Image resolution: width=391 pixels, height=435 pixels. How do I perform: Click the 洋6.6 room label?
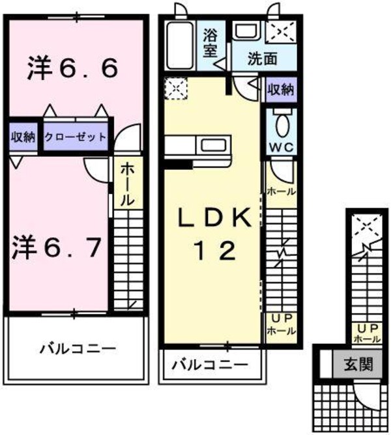[x=72, y=68]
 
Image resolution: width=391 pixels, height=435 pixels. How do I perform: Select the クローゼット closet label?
[x=76, y=137]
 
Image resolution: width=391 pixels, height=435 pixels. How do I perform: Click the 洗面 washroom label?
[x=262, y=58]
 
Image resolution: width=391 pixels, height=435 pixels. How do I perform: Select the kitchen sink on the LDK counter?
[x=212, y=144]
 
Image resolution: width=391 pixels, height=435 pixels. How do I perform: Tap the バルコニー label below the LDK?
[x=210, y=365]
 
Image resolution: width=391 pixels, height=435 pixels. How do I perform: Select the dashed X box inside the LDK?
[x=175, y=87]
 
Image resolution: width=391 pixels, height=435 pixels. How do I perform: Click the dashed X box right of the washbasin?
[x=282, y=31]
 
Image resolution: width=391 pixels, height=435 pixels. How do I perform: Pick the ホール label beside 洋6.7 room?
[x=126, y=184]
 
